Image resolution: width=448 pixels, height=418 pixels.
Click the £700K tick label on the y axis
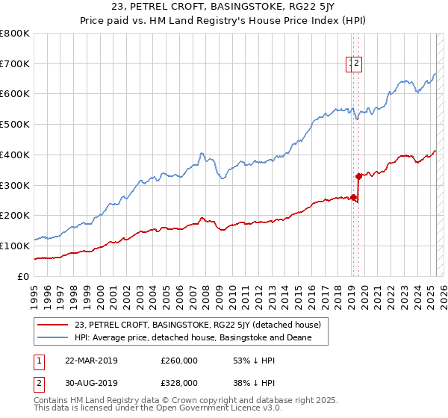[15, 64]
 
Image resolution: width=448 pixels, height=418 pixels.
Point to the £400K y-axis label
[15, 155]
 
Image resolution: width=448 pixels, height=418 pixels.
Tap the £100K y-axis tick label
[15, 246]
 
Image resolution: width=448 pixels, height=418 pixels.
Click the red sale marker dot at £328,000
[358, 176]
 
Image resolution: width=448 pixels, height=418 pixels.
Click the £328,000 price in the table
[179, 382]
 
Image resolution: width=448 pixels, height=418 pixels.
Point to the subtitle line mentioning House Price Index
[224, 22]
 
